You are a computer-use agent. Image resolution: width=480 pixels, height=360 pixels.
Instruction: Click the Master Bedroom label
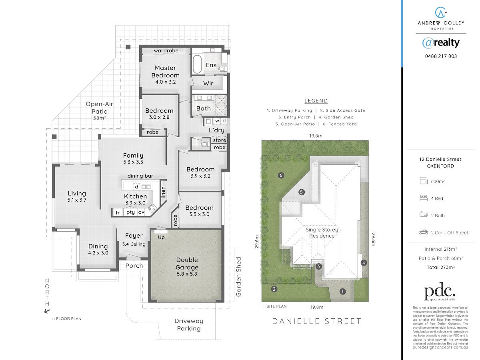pyautogui.click(x=165, y=72)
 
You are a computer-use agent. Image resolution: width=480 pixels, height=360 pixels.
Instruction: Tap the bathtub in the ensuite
pyautogui.click(x=197, y=64)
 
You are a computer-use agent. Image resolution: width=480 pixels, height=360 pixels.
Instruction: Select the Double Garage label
pyautogui.click(x=187, y=263)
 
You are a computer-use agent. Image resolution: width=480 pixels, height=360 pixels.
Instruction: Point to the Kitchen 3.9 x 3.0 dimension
pyautogui.click(x=135, y=203)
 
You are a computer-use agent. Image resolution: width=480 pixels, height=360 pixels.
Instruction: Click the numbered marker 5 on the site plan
pyautogui.click(x=301, y=192)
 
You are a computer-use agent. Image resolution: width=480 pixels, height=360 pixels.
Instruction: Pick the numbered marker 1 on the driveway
pyautogui.click(x=342, y=291)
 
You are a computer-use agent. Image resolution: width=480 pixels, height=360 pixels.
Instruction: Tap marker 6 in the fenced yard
pyautogui.click(x=281, y=175)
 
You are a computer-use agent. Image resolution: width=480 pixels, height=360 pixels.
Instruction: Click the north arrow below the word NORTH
pyautogui.click(x=47, y=311)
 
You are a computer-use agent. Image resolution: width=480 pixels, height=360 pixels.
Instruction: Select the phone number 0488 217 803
pyautogui.click(x=441, y=56)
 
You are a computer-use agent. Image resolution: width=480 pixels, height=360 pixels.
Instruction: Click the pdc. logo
pyautogui.click(x=440, y=291)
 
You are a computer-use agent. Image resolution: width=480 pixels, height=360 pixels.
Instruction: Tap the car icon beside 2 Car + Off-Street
pyautogui.click(x=423, y=232)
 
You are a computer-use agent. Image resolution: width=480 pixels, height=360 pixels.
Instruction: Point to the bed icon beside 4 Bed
pyautogui.click(x=424, y=198)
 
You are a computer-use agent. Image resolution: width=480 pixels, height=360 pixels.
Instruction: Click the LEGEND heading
pyautogui.click(x=316, y=101)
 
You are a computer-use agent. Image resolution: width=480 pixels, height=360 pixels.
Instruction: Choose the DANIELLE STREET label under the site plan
pyautogui.click(x=317, y=321)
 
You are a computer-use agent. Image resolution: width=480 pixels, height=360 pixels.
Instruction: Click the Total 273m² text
pyautogui.click(x=441, y=267)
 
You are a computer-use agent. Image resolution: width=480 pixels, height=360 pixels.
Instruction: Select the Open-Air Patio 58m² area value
pyautogui.click(x=100, y=118)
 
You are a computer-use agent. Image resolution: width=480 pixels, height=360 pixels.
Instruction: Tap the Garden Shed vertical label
pyautogui.click(x=238, y=277)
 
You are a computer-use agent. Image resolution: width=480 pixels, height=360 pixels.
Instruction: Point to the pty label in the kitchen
pyautogui.click(x=130, y=212)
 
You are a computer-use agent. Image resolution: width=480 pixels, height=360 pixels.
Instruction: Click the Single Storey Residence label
pyautogui.click(x=322, y=232)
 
